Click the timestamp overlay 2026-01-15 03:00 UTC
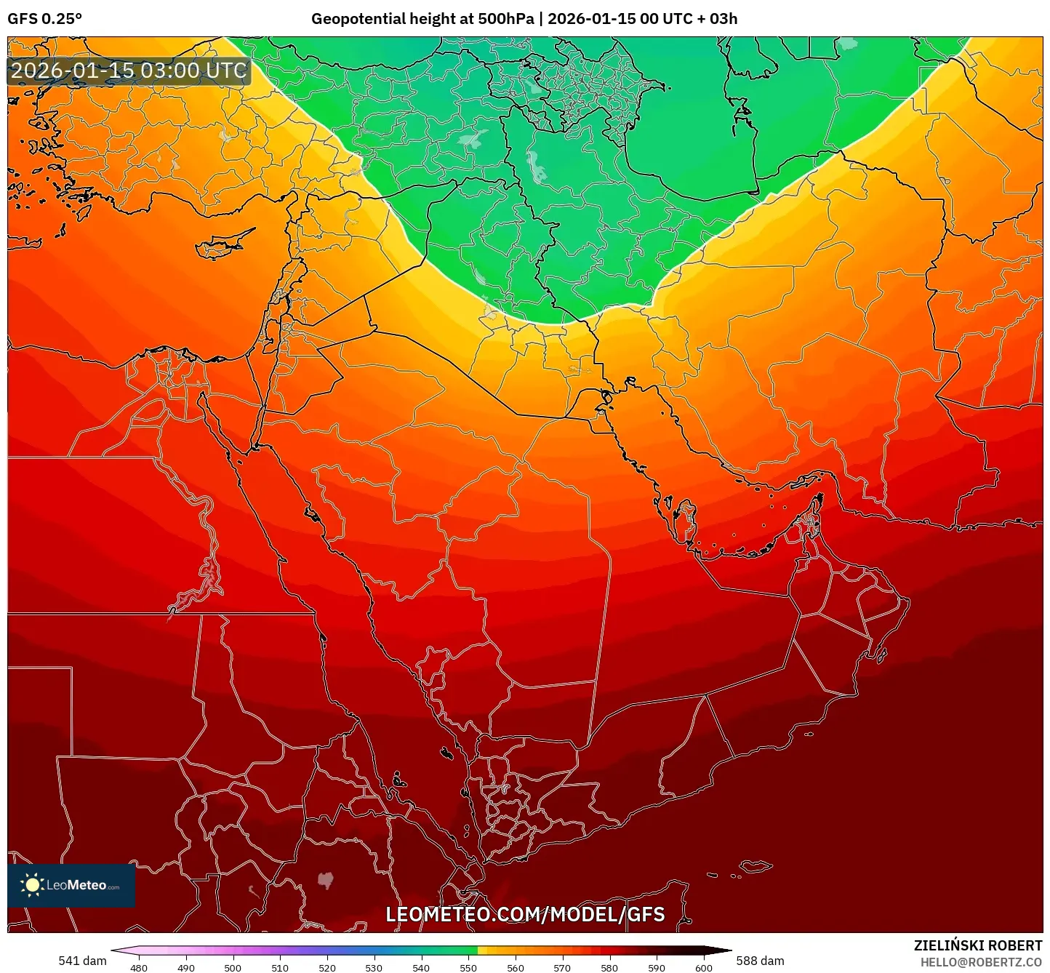(129, 71)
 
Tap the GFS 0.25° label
(44, 19)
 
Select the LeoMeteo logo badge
(71, 885)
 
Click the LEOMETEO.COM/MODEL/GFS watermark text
(525, 915)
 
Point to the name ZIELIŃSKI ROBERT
(978, 945)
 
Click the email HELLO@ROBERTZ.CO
(981, 962)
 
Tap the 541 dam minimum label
(82, 961)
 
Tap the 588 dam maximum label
(760, 961)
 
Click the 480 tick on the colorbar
(138, 967)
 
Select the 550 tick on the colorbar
(468, 967)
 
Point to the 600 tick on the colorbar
(704, 967)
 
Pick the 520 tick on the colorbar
(327, 967)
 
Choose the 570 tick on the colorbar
(562, 967)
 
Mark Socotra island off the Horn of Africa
(756, 866)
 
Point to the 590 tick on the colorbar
(657, 967)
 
